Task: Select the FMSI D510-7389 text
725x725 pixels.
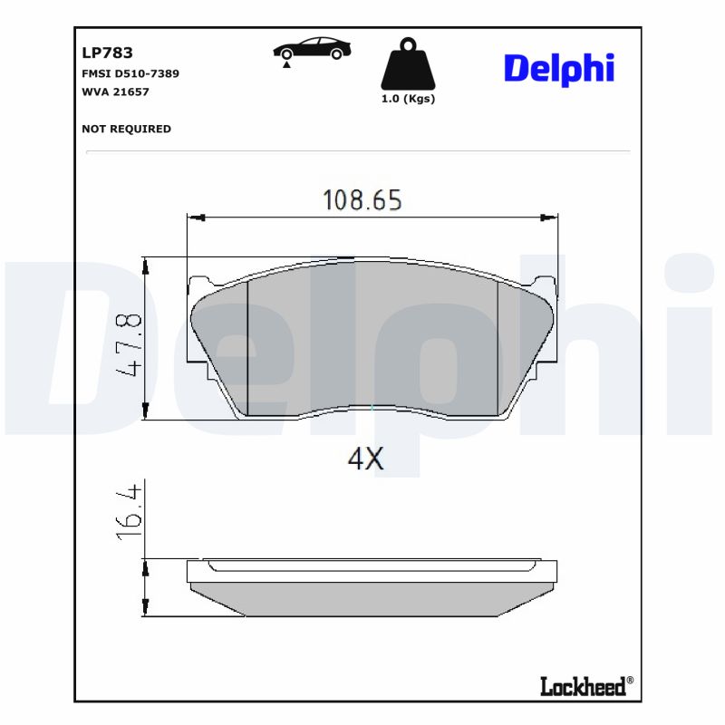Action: [x=130, y=73]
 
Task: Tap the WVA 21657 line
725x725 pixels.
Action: [x=115, y=92]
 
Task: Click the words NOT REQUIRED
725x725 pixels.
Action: [x=126, y=129]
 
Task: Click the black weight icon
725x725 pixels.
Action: [x=408, y=64]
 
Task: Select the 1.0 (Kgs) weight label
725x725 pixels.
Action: [x=408, y=99]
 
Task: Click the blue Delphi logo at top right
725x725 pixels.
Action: [x=558, y=68]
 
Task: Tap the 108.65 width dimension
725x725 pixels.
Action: [x=362, y=200]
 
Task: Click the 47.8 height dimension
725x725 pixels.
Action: [x=130, y=346]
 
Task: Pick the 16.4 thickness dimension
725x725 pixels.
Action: [x=130, y=512]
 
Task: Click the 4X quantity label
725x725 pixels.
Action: [x=366, y=459]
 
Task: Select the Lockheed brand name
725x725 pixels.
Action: [x=583, y=686]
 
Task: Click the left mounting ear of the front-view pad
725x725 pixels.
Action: [x=197, y=288]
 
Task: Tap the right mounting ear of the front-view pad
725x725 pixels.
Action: [x=546, y=288]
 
